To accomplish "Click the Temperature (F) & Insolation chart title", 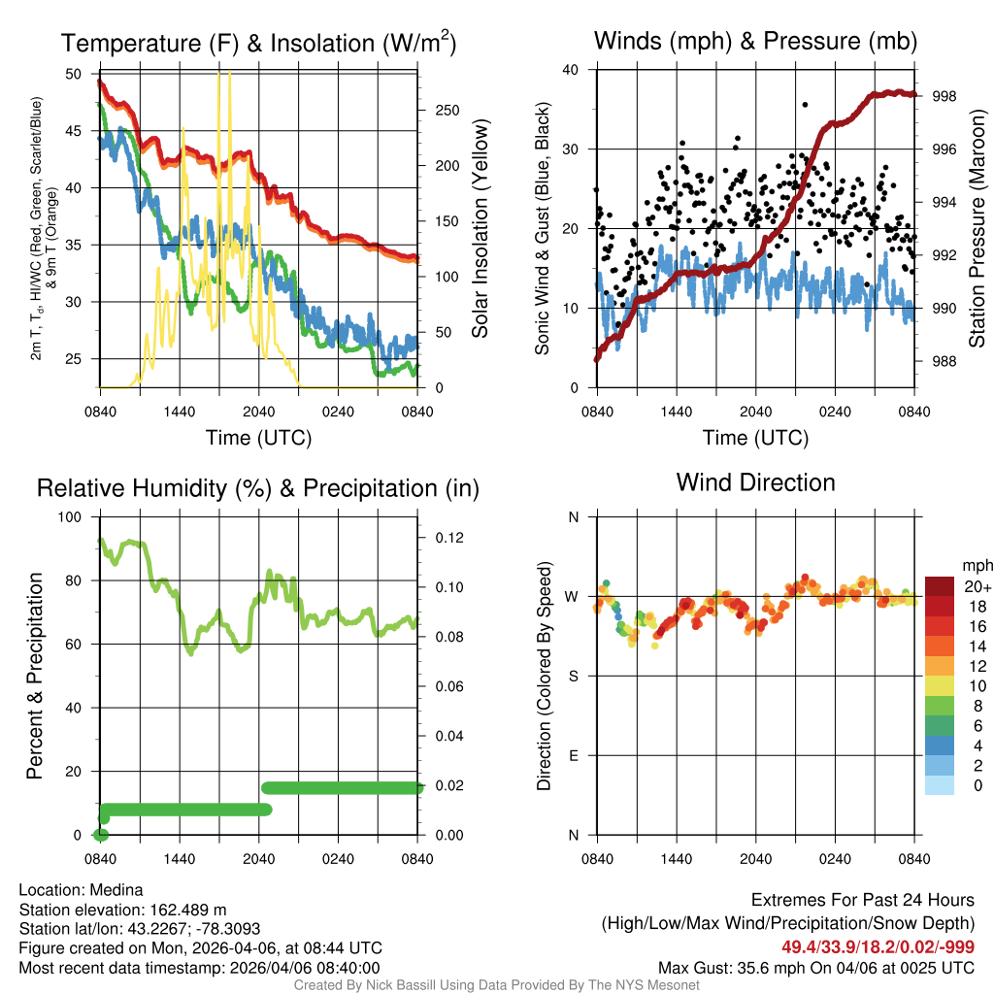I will (x=258, y=44).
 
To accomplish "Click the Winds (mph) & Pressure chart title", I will (x=755, y=41).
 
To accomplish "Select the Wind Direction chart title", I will (x=755, y=482).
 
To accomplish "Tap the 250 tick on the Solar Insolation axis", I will (x=446, y=111).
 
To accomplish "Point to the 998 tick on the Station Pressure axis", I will (x=944, y=96).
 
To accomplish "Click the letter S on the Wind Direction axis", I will (x=573, y=676).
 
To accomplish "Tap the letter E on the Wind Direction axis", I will (x=573, y=755).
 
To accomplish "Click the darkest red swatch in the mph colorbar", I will (x=940, y=586).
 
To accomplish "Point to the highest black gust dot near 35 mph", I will (x=805, y=105).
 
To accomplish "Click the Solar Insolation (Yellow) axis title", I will (x=480, y=229).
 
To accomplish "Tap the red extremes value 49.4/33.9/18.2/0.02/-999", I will (x=878, y=947).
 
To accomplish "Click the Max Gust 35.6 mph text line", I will (x=816, y=967).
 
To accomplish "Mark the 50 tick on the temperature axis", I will (x=75, y=74).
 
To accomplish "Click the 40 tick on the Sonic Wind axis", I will (x=572, y=70).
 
